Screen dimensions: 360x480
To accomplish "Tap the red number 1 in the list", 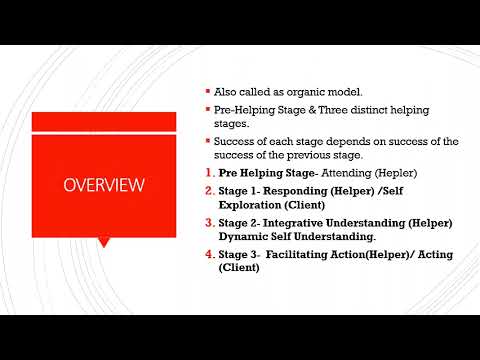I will coord(207,174).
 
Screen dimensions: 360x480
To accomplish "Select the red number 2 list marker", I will coord(207,190).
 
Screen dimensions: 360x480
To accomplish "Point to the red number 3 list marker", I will coord(207,222).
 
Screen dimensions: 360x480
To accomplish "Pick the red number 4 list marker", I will coord(207,254).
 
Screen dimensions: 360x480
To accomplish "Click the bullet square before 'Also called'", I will coord(205,92).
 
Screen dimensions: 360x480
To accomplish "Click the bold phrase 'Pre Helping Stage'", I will coord(262,174).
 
